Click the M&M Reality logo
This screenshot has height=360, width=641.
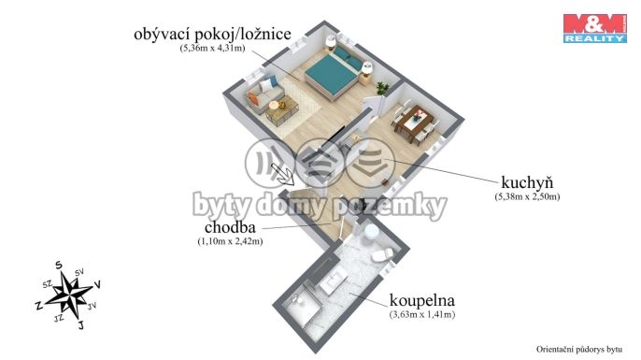(x=595, y=28)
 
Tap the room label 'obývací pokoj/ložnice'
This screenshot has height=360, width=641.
(x=213, y=34)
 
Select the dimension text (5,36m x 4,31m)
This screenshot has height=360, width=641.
(x=213, y=48)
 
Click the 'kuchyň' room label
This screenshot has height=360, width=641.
(x=527, y=182)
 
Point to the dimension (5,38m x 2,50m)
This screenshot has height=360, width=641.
(x=527, y=196)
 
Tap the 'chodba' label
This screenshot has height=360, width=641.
(x=230, y=226)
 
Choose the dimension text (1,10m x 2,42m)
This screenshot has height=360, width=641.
(x=230, y=241)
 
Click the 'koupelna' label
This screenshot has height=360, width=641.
(x=422, y=300)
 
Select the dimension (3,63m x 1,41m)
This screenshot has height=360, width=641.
(x=422, y=314)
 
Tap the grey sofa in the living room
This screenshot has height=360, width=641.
(x=263, y=94)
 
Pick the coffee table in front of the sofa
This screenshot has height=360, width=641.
(x=282, y=109)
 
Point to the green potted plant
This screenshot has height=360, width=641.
(x=382, y=88)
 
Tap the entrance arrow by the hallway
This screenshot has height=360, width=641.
(x=282, y=173)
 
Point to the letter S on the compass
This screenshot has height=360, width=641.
(x=59, y=266)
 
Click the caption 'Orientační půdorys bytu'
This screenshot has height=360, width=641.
(x=579, y=350)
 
